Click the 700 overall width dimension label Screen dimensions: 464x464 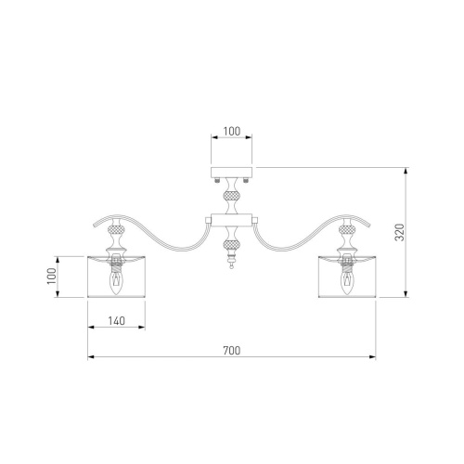[231, 351]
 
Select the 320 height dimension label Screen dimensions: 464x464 [400, 232]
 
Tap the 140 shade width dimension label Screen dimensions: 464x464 [117, 321]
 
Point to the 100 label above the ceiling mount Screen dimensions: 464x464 [232, 131]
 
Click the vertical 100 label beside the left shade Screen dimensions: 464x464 [52, 277]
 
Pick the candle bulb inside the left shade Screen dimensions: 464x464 [116, 278]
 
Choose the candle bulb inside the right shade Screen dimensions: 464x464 [347, 278]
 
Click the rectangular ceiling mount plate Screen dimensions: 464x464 [232, 173]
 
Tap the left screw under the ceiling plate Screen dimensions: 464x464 [217, 180]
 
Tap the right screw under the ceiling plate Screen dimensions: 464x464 [246, 180]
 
